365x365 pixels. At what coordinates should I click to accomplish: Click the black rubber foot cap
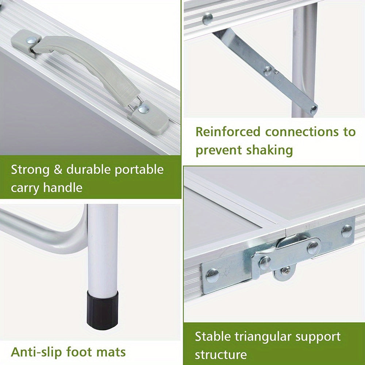(103, 310)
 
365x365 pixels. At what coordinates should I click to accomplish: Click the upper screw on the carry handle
(31, 41)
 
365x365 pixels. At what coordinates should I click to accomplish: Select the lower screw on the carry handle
(143, 109)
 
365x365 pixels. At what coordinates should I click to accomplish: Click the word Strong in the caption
(30, 170)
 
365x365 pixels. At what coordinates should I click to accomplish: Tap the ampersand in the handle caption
(58, 169)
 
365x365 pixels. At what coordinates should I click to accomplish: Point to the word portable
(139, 170)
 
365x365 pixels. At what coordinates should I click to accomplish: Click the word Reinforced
(228, 132)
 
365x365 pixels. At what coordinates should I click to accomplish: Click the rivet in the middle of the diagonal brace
(268, 71)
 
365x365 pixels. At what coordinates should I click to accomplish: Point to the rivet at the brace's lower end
(314, 109)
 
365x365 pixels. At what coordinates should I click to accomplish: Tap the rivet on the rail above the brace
(207, 19)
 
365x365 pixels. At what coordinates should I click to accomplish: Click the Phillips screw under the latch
(285, 271)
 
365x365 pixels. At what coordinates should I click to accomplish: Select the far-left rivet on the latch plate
(212, 276)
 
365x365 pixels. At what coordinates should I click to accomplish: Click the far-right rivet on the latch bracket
(347, 231)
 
